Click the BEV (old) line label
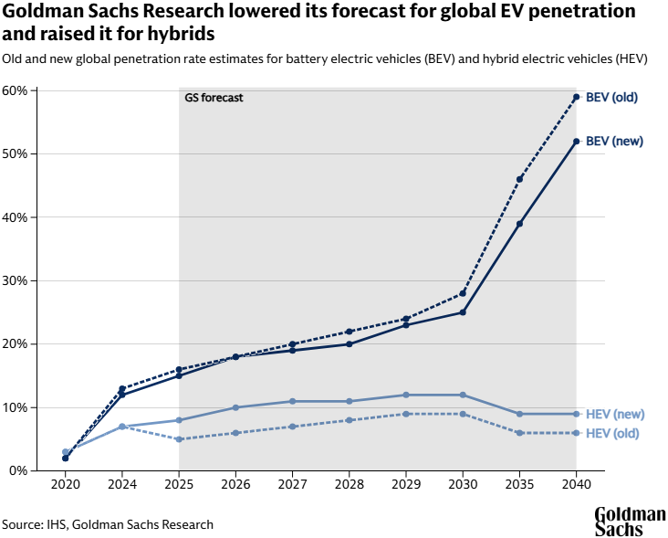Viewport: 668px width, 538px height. click(x=611, y=97)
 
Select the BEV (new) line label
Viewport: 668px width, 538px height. click(x=614, y=141)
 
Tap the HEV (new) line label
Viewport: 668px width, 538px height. click(x=614, y=414)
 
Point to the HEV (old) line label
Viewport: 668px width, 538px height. click(x=611, y=433)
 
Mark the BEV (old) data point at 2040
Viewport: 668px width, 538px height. click(x=576, y=97)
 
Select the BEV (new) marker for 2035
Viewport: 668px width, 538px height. click(x=519, y=224)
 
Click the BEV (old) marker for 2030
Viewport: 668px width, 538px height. click(x=463, y=293)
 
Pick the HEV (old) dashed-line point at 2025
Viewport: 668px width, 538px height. click(x=179, y=439)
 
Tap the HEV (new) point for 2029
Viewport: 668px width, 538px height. click(x=406, y=395)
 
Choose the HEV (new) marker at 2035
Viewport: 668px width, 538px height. click(x=519, y=414)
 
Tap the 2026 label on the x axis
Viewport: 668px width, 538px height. click(x=235, y=485)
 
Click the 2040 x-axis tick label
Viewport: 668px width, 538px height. click(x=576, y=485)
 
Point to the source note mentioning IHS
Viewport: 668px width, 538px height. click(x=108, y=524)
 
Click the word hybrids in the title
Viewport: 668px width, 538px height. click(x=181, y=34)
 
